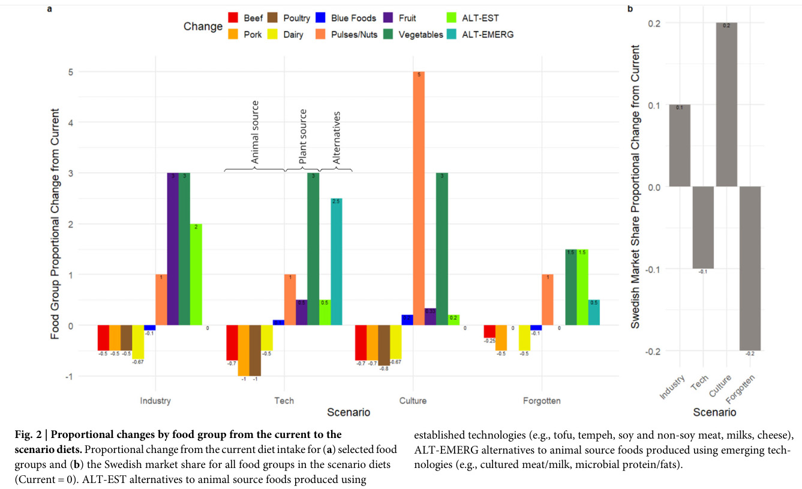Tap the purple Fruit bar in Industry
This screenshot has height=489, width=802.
tap(173, 249)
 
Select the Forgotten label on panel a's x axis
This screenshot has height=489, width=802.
tap(542, 400)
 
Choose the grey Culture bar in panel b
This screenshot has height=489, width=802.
tap(726, 104)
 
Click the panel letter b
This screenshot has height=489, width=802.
tap(630, 9)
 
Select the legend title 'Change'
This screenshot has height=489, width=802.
tap(203, 27)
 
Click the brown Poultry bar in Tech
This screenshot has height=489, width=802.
tap(255, 350)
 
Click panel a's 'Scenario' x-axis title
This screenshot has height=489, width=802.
tap(349, 412)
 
